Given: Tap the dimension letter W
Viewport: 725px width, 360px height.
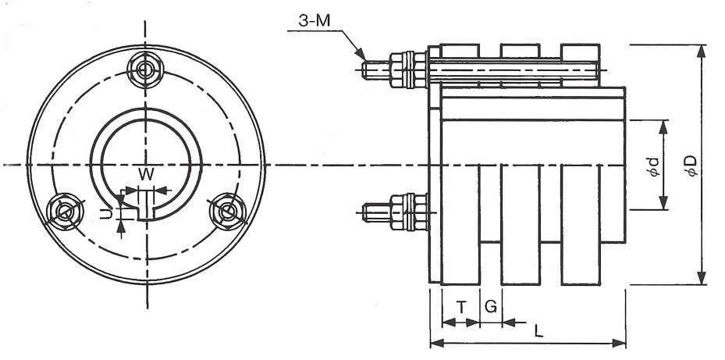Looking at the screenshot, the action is click(x=146, y=174).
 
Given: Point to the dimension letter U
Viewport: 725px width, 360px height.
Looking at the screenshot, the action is click(x=106, y=214).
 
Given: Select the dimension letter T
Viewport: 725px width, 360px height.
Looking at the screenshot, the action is click(x=461, y=306).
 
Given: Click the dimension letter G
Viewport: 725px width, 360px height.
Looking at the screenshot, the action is click(x=491, y=306).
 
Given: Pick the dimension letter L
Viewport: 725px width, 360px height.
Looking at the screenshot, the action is click(x=538, y=330).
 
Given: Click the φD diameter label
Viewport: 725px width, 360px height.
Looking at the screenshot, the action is click(x=691, y=166).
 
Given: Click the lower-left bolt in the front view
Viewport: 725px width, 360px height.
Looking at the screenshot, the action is click(x=64, y=212).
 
